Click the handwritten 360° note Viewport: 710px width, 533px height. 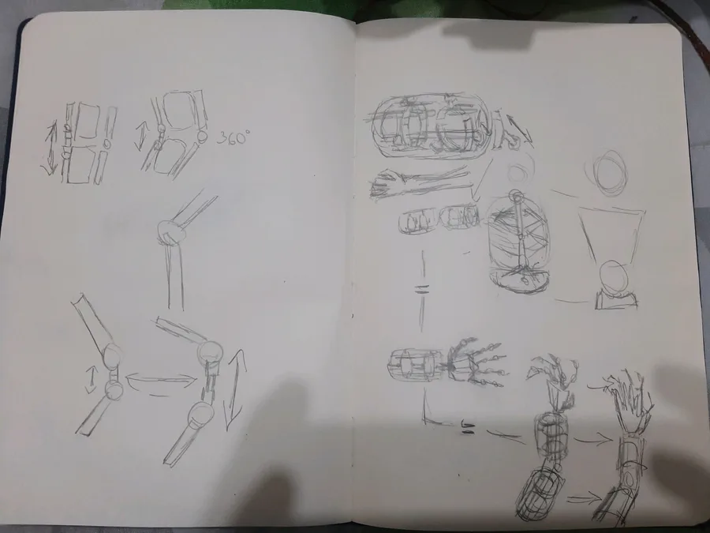[233, 137]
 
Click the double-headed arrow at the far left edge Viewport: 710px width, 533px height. [50, 148]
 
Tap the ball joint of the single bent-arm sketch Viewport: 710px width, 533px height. [171, 232]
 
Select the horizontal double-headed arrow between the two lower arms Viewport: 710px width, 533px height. [161, 380]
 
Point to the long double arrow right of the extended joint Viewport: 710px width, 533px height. [235, 390]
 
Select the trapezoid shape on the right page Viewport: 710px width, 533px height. [612, 235]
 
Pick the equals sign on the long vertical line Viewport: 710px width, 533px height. [422, 289]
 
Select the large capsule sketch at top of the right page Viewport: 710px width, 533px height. [431, 126]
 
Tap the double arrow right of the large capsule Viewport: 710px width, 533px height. [519, 130]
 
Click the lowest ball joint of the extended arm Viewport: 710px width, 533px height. [201, 415]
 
